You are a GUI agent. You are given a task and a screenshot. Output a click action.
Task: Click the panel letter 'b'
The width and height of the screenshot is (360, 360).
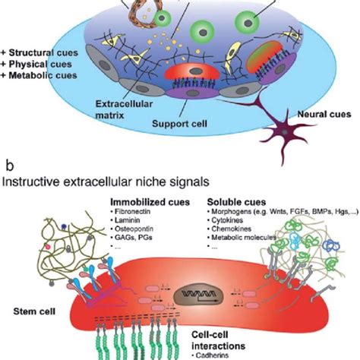[x=8, y=164]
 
